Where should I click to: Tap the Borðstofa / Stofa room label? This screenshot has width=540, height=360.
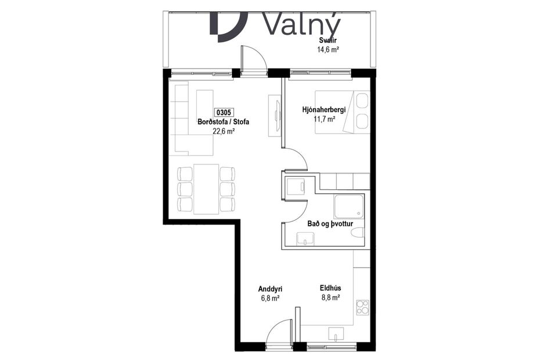[224, 122]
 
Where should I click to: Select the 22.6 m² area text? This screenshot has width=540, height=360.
[224, 131]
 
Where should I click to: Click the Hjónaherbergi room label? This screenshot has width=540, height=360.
[324, 110]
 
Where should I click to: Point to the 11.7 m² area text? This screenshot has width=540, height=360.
[324, 119]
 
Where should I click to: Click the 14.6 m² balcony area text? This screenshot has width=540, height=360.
[328, 50]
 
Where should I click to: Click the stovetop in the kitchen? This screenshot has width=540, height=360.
[363, 306]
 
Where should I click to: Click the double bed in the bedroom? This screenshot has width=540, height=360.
[343, 112]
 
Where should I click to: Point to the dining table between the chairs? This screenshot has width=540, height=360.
[206, 189]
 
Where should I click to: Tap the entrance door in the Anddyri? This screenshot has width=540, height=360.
[279, 334]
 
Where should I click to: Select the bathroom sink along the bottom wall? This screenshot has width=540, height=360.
[305, 239]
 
